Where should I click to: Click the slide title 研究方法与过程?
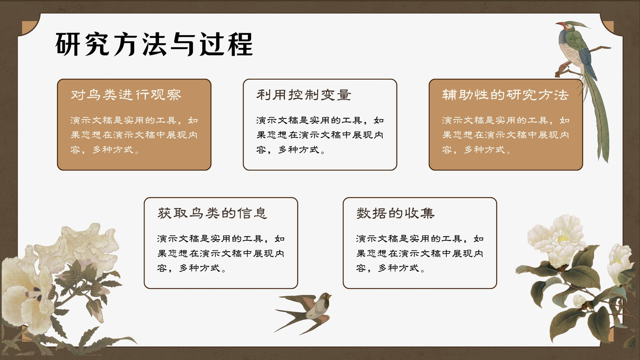tap(154, 44)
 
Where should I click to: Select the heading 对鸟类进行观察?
tap(126, 95)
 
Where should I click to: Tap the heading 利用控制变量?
tap(304, 95)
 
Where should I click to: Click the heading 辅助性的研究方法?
tap(506, 95)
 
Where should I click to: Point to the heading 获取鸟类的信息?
tap(212, 213)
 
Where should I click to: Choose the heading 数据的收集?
tap(396, 213)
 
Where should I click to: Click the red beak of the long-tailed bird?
tap(560, 24)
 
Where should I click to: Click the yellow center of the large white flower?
tap(562, 238)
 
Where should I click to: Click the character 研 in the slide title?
tap(68, 44)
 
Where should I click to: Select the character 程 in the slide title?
tap(240, 44)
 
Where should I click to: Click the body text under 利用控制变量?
tap(320, 135)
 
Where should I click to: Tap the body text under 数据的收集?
tap(420, 254)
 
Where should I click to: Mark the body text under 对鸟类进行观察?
tap(134, 135)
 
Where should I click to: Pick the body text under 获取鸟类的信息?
tap(220, 254)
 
